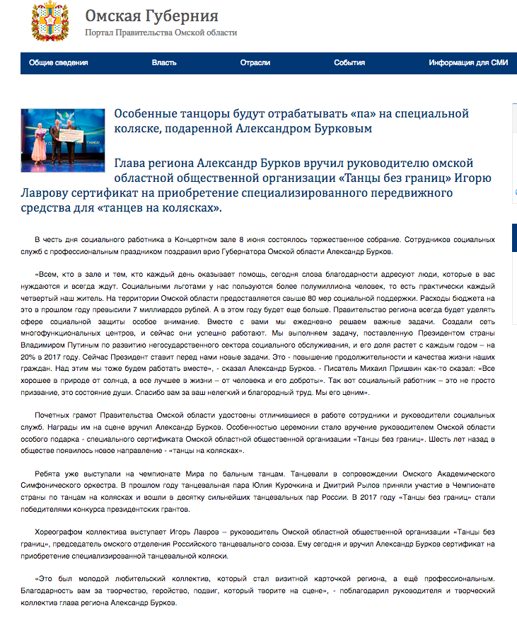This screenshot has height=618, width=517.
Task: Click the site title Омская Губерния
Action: [x=151, y=16]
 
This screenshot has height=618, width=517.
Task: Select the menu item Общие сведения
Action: [x=59, y=63]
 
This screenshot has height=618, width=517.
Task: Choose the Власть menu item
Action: [x=164, y=63]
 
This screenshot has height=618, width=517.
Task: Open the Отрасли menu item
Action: [x=255, y=63]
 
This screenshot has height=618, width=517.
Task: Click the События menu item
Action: [x=349, y=63]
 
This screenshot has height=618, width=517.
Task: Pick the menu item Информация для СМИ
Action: [x=468, y=63]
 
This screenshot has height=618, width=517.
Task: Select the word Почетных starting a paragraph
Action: [x=52, y=414]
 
